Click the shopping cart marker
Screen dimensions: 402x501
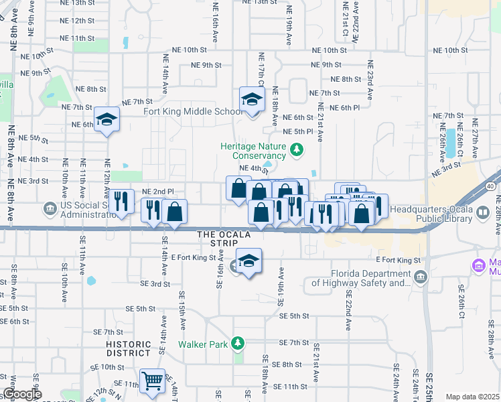pos(153,381)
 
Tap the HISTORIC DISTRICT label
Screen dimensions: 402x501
pos(128,348)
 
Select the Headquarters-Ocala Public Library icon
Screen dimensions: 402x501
pos(482,212)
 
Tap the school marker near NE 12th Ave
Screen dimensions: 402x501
pos(106,120)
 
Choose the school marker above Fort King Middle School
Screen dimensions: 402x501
pos(252,100)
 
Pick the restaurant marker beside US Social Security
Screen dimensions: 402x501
pos(121,202)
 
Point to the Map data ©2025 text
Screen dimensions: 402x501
pos(472,397)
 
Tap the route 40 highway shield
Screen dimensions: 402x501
pos(491,185)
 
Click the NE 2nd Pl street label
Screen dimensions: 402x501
pos(158,192)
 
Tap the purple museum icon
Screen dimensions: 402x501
pos(478,265)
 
